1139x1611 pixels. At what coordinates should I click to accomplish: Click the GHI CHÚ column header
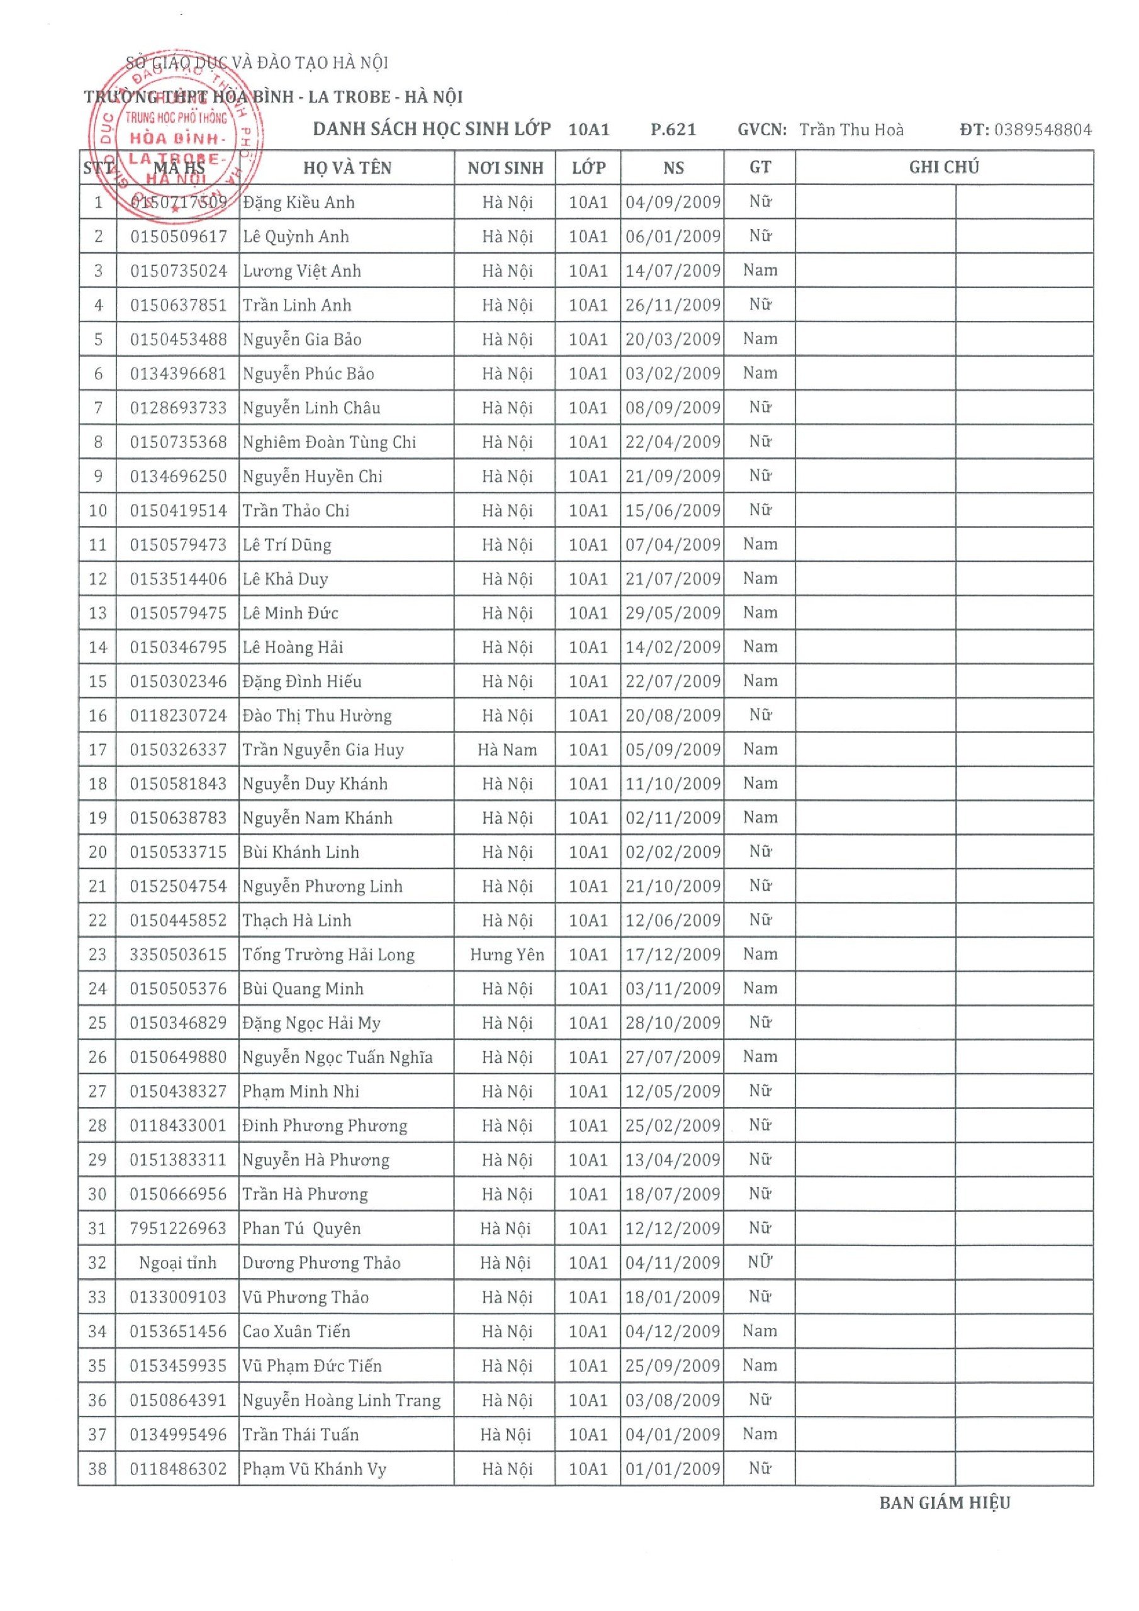click(x=943, y=167)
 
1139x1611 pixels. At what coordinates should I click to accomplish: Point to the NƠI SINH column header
click(x=505, y=167)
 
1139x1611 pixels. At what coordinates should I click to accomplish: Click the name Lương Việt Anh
click(x=302, y=271)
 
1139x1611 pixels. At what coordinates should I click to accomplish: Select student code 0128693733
click(x=178, y=408)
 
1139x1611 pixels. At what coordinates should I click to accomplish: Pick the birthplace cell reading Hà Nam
click(x=507, y=749)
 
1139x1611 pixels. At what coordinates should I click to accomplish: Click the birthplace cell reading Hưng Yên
click(x=507, y=954)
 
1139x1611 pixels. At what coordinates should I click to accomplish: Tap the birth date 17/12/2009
click(x=672, y=954)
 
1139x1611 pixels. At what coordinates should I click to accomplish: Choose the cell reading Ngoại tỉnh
click(x=177, y=1263)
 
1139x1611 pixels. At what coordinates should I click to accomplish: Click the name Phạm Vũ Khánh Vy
click(x=315, y=1469)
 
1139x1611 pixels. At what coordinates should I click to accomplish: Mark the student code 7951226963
click(x=178, y=1228)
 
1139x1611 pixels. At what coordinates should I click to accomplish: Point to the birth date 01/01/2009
click(x=672, y=1469)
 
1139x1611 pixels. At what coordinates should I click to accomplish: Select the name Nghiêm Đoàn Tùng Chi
click(x=329, y=442)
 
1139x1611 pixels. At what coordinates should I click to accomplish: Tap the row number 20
click(x=98, y=852)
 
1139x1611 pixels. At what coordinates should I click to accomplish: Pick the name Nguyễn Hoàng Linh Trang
click(x=341, y=1400)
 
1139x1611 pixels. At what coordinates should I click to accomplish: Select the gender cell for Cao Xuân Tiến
click(x=760, y=1331)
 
